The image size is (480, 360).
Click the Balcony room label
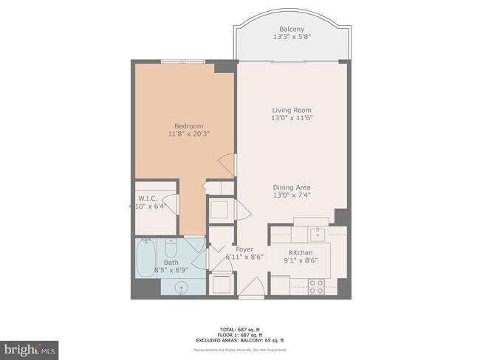click(292, 29)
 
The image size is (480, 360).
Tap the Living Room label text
click(292, 110)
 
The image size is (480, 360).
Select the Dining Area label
click(292, 187)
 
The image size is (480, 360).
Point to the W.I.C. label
click(145, 198)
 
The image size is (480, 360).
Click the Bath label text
click(171, 262)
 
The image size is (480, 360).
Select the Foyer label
click(244, 249)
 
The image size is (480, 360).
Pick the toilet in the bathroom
click(171, 246)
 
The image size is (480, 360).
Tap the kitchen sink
click(317, 235)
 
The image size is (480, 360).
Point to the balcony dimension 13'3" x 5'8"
click(292, 37)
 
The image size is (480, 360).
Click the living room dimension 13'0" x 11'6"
click(292, 118)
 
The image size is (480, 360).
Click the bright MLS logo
click(30, 347)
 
